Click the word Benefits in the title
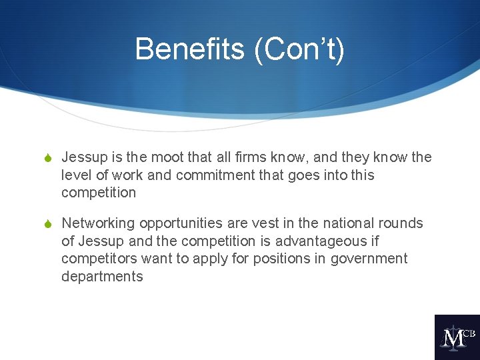[189, 49]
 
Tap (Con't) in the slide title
[299, 49]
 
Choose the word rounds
[403, 223]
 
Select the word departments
[102, 277]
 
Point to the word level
[76, 175]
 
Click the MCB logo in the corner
[457, 337]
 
